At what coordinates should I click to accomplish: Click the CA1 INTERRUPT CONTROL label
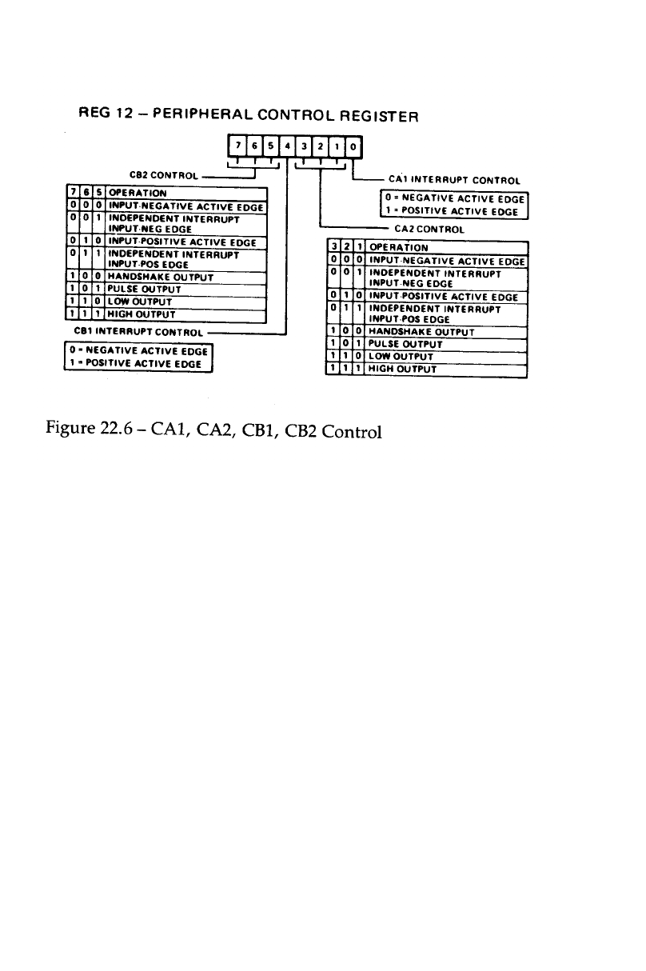click(454, 180)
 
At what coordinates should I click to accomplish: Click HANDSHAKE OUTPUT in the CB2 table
click(160, 277)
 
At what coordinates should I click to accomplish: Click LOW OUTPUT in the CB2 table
click(142, 302)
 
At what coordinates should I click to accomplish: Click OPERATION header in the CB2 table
click(138, 193)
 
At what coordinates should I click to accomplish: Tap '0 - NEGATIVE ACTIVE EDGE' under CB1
click(138, 350)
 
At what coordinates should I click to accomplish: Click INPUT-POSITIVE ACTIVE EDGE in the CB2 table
click(182, 242)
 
